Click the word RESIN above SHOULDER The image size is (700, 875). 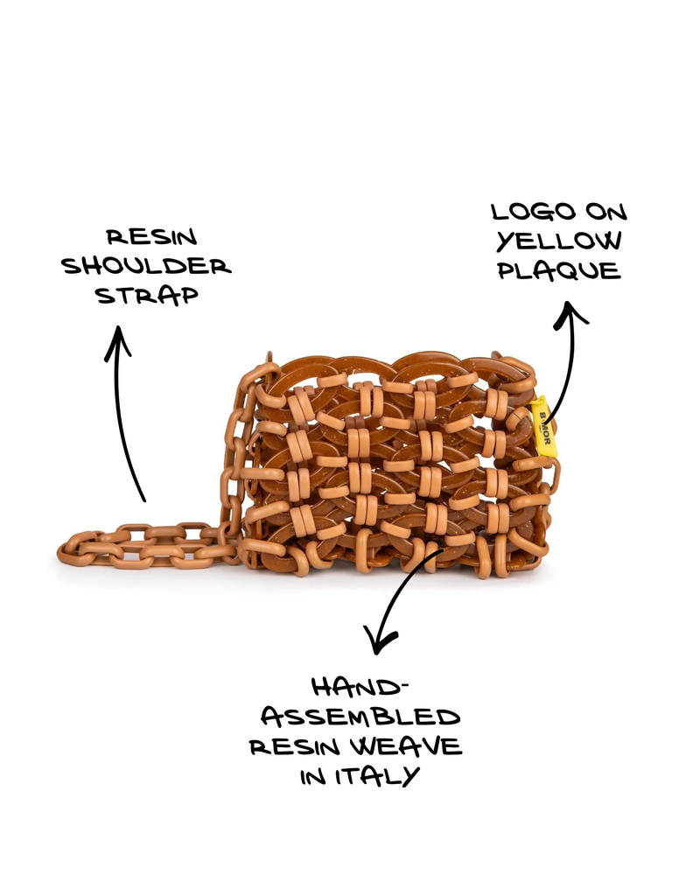152,237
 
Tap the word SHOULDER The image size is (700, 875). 146,266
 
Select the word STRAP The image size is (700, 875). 147,295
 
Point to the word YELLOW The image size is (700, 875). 559,241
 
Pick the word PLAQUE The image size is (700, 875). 559,270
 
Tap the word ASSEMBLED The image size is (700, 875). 360,717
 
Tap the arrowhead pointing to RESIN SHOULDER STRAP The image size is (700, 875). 118,340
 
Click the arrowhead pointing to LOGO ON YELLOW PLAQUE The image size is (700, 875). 569,312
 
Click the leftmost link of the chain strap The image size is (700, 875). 71,549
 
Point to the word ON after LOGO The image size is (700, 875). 606,212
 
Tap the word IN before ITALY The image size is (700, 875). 313,776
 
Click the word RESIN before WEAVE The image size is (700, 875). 295,746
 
